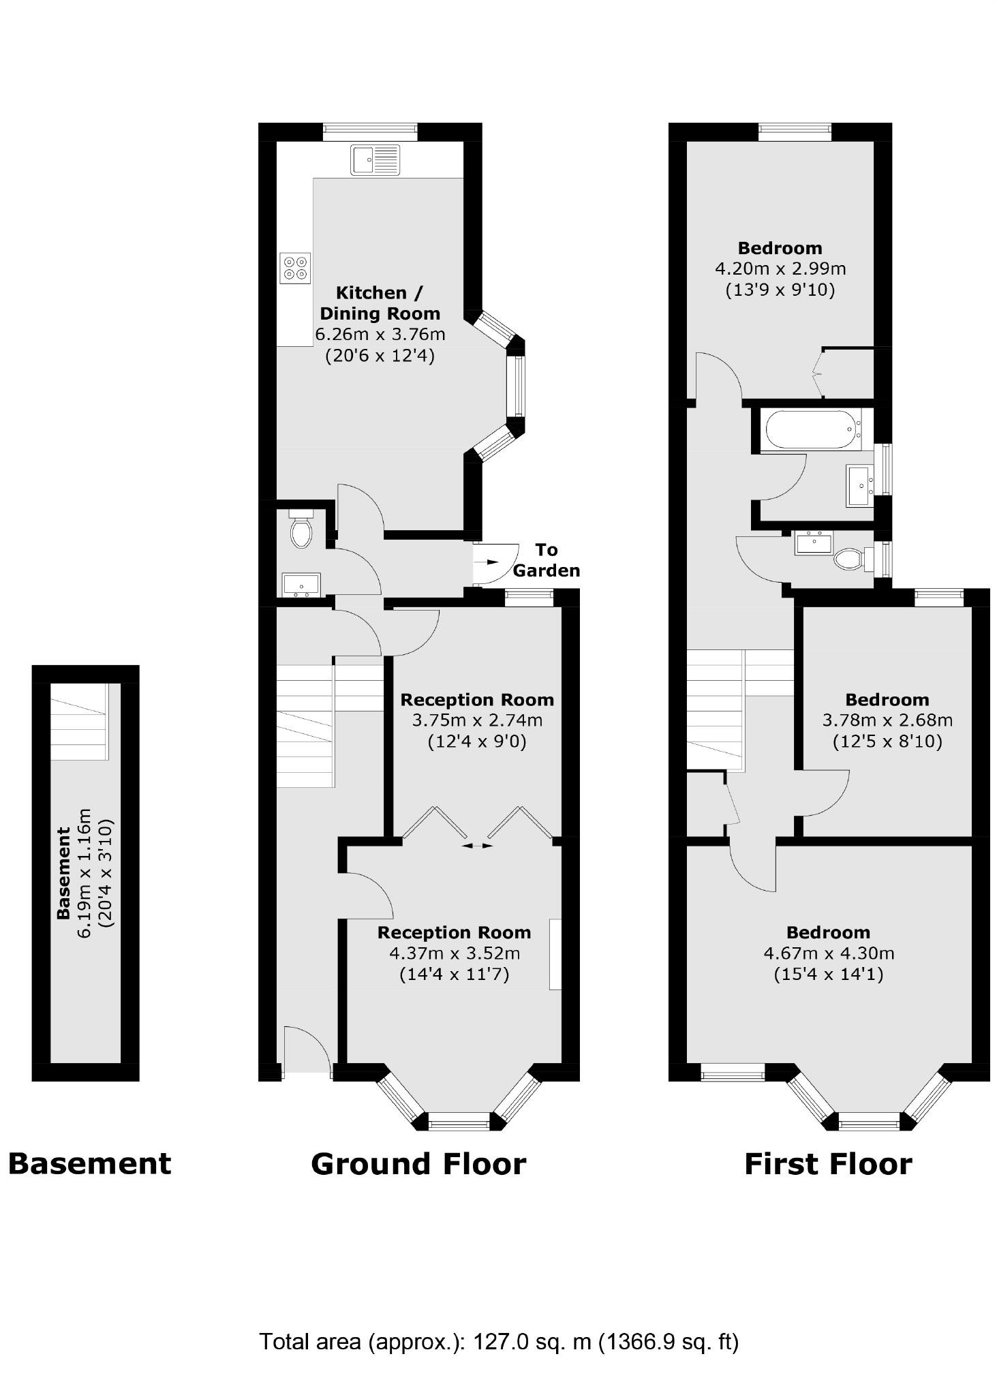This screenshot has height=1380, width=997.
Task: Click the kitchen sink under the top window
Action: click(x=375, y=160)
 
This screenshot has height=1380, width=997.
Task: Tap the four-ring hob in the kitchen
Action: click(x=295, y=268)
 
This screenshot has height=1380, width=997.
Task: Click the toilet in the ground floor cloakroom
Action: click(x=301, y=529)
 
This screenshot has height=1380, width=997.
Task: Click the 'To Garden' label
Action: click(x=546, y=560)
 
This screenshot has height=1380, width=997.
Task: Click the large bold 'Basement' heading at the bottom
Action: click(x=89, y=1163)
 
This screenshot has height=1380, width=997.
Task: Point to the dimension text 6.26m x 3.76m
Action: click(x=380, y=335)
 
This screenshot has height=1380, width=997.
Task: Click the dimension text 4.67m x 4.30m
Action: click(x=828, y=953)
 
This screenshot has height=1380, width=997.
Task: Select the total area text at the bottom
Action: click(x=499, y=1341)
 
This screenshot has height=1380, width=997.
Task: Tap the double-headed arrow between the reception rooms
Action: click(x=477, y=845)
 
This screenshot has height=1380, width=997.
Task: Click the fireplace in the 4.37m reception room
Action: click(x=555, y=954)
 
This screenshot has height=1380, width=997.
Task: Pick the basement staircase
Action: click(x=79, y=722)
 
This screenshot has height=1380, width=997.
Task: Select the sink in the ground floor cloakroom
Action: click(x=301, y=585)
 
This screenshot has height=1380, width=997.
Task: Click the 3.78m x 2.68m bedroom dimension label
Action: click(x=887, y=720)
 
